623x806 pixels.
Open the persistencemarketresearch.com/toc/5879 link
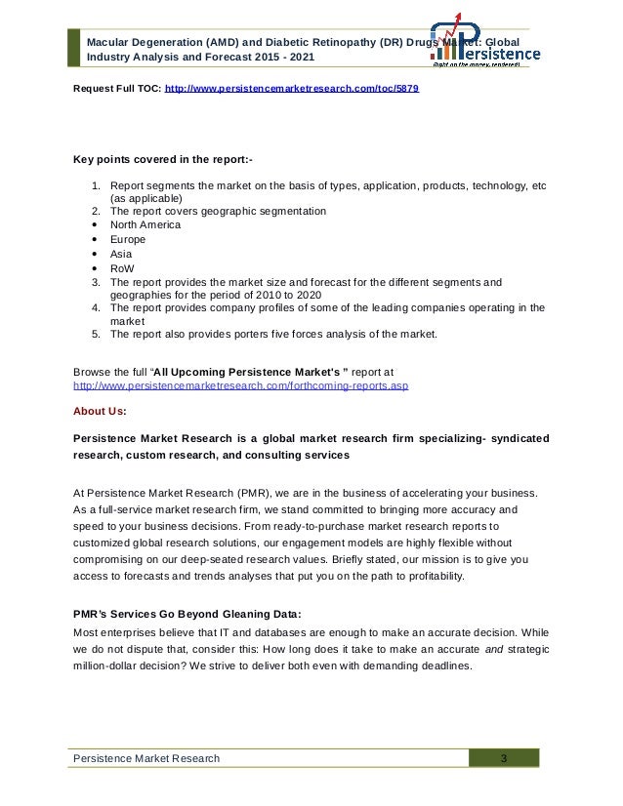[x=293, y=86]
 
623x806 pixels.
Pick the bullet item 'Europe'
[x=127, y=238]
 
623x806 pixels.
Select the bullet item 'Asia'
[x=121, y=253]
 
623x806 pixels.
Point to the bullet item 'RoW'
[x=123, y=266]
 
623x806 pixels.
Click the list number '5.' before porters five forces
[x=97, y=335]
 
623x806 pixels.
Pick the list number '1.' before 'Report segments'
[x=97, y=183]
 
